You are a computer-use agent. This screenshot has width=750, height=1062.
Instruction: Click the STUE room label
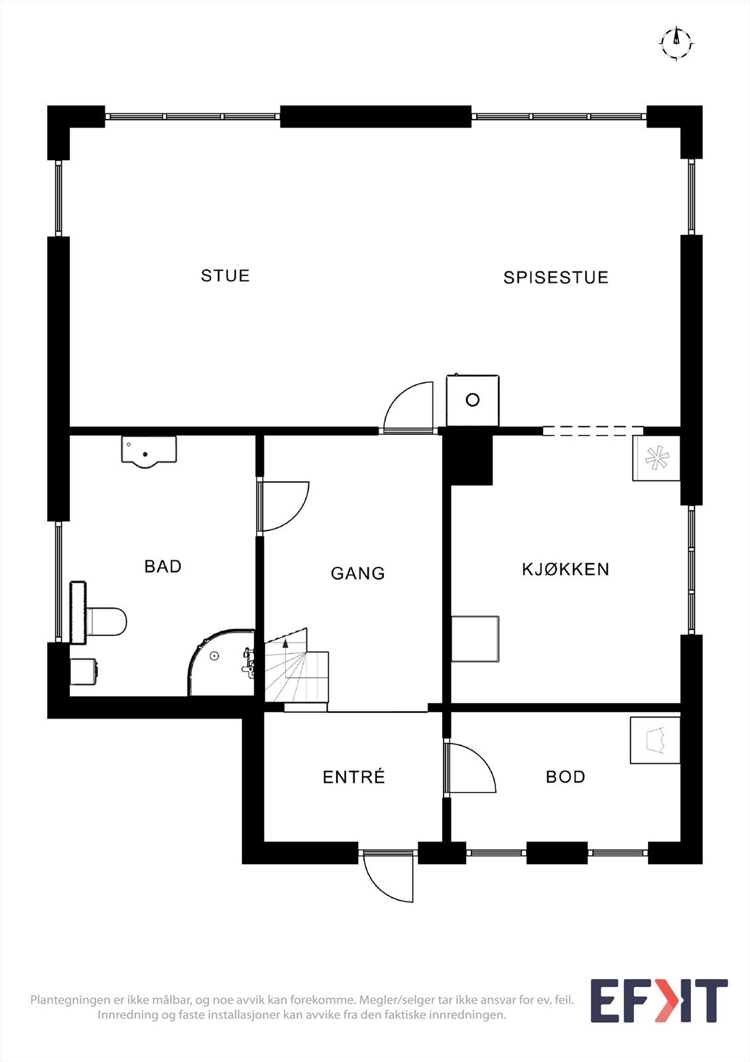[x=225, y=275]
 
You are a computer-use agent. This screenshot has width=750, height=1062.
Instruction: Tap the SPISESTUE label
[x=556, y=277]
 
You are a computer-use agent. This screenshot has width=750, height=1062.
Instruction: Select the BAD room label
[x=163, y=566]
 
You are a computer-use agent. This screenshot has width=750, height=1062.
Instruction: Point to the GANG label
[x=358, y=573]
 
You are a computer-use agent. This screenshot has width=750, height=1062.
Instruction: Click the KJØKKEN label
[x=566, y=569]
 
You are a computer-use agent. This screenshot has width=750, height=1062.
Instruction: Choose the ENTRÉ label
[x=354, y=777]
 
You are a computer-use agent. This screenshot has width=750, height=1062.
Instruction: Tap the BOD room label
[x=566, y=777]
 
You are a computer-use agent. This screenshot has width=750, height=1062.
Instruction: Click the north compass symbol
[x=676, y=43]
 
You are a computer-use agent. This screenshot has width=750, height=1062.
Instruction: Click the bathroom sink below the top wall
[x=149, y=451]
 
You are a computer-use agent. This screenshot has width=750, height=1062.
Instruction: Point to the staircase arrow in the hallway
[x=286, y=644]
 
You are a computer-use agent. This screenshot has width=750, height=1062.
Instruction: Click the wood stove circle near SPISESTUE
[x=472, y=400]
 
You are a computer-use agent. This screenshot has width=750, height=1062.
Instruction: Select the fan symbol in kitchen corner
[x=656, y=458]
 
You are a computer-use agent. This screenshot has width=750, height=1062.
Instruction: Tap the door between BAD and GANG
[x=284, y=506]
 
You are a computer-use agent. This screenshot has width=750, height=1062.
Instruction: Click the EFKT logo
[x=658, y=1000]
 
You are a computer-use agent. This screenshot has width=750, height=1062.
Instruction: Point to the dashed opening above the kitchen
[x=592, y=431]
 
